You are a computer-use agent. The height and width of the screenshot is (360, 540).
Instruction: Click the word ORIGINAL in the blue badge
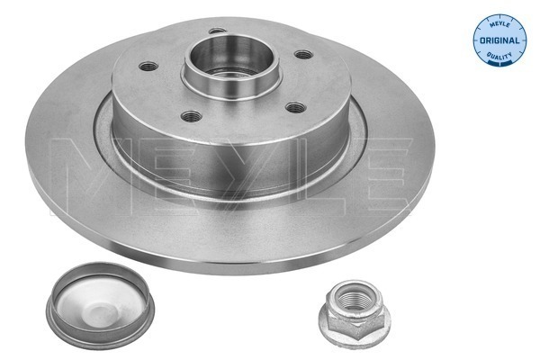click(499, 40)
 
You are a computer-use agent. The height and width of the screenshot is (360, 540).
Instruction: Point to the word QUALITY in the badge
click(499, 55)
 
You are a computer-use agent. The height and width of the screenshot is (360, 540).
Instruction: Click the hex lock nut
click(355, 311)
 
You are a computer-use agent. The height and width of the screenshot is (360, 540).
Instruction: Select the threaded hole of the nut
click(355, 296)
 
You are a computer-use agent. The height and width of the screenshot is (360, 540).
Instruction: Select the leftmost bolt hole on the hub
click(148, 66)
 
